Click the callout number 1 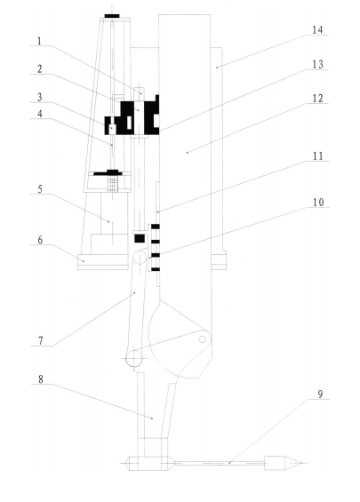(39, 41)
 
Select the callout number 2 (39, 69)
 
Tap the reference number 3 (39, 98)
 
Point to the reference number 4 (40, 114)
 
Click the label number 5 (40, 189)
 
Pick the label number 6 (40, 240)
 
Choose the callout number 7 (40, 341)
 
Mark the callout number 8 (41, 379)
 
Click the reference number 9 (320, 394)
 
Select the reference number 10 (318, 203)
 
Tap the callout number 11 (318, 156)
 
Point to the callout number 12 (318, 99)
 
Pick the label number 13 (317, 64)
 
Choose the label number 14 (317, 30)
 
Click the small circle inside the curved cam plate (202, 339)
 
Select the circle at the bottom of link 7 (134, 359)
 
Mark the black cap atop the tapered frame (112, 16)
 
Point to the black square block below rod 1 (140, 238)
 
